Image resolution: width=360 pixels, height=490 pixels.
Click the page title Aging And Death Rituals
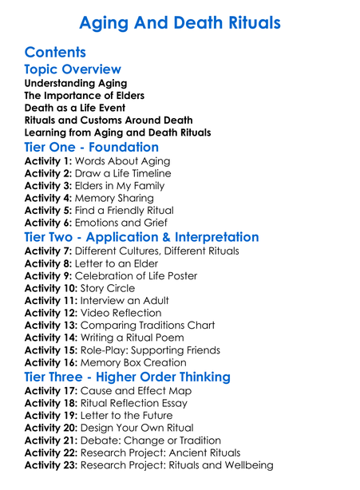tap(180, 22)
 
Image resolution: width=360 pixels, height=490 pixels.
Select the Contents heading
tap(55, 53)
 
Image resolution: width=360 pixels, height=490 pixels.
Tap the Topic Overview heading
tap(73, 69)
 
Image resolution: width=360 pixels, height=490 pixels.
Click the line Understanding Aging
tap(75, 83)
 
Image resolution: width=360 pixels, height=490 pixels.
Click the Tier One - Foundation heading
tap(92, 147)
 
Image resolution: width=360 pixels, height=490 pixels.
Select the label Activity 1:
tap(49, 161)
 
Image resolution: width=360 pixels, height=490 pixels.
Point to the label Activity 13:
tap(53, 326)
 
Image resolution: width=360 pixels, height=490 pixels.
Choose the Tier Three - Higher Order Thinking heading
tap(139, 377)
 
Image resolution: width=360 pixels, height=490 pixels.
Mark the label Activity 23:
tap(53, 465)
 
